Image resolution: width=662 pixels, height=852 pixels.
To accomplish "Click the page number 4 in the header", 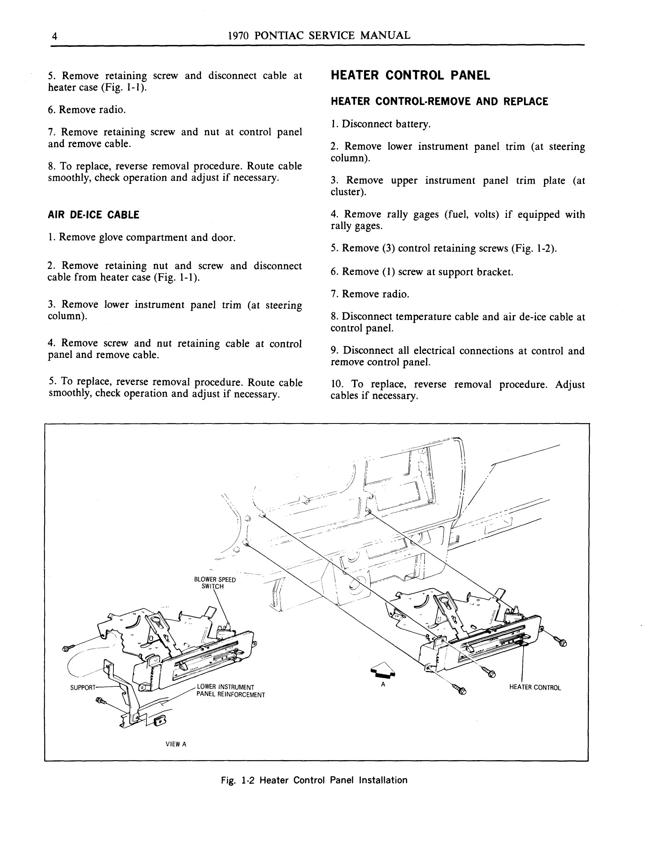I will pyautogui.click(x=55, y=36).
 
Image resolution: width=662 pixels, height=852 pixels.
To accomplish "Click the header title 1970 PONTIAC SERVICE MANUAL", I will pyautogui.click(x=319, y=35).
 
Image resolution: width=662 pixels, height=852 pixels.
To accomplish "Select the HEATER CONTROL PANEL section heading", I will pyautogui.click(x=410, y=75).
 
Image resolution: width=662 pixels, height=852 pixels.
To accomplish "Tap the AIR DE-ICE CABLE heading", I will pyautogui.click(x=93, y=215).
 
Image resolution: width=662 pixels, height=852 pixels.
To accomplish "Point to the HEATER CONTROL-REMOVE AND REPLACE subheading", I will pyautogui.click(x=439, y=102).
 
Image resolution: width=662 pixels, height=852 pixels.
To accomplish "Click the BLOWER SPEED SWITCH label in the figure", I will pyautogui.click(x=214, y=583).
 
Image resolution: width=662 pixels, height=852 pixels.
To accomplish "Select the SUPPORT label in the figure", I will pyautogui.click(x=82, y=688).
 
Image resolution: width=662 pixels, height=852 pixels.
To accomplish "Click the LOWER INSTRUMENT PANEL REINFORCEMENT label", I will pyautogui.click(x=230, y=691).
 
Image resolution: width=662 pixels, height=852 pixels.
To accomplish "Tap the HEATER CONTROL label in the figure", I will pyautogui.click(x=535, y=688).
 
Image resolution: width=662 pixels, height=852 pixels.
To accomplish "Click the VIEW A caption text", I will pyautogui.click(x=176, y=744).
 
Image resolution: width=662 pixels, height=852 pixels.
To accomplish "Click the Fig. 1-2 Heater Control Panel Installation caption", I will pyautogui.click(x=314, y=780).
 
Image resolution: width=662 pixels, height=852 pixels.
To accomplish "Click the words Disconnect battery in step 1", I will pyautogui.click(x=386, y=124).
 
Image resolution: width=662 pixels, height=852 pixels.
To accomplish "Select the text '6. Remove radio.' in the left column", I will pyautogui.click(x=86, y=110).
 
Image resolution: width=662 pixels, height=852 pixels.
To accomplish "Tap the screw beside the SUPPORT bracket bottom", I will pyautogui.click(x=101, y=701).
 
